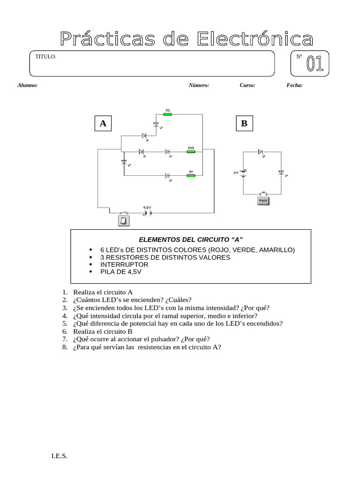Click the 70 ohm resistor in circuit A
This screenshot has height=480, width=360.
pyautogui.click(x=167, y=114)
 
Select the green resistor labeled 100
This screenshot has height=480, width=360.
pyautogui.click(x=190, y=151)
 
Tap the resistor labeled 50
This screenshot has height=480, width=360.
pyautogui.click(x=190, y=175)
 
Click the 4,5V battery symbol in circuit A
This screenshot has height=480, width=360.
pyautogui.click(x=148, y=212)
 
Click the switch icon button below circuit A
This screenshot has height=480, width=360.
pyautogui.click(x=124, y=221)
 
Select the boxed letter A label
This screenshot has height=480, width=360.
pyautogui.click(x=103, y=124)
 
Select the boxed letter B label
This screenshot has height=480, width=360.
pyautogui.click(x=244, y=124)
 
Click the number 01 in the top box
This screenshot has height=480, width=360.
pyautogui.click(x=315, y=65)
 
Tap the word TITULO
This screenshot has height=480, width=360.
pyautogui.click(x=46, y=57)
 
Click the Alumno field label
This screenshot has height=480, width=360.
pyautogui.click(x=28, y=85)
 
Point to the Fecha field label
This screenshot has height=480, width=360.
pyautogui.click(x=294, y=85)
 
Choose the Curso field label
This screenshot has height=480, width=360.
pyautogui.click(x=247, y=85)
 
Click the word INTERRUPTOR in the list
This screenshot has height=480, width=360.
pyautogui.click(x=124, y=264)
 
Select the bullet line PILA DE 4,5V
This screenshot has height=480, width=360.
pyautogui.click(x=120, y=271)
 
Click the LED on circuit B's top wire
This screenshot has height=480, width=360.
pyautogui.click(x=261, y=151)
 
